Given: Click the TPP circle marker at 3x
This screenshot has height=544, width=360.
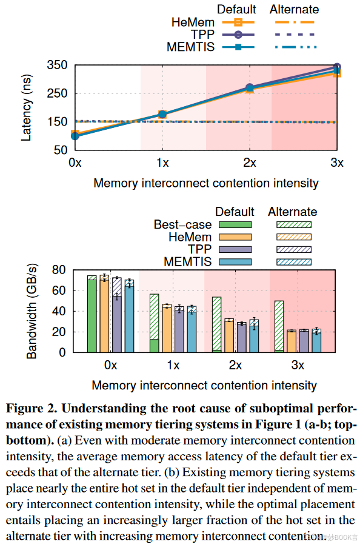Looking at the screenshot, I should [337, 67].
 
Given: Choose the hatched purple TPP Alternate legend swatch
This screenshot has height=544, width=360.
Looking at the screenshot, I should [293, 249].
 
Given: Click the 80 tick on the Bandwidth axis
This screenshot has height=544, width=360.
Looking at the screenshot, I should [59, 270].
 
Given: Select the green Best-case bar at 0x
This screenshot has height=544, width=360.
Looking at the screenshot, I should [92, 315].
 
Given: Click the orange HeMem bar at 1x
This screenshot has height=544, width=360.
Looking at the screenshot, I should [167, 329].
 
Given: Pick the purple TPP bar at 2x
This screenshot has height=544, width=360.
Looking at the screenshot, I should [242, 337].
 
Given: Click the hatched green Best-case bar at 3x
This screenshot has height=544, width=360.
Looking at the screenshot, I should [279, 324].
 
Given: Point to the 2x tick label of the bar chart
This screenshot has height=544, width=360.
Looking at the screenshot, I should [235, 366].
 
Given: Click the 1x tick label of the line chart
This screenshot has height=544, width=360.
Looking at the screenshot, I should [162, 163].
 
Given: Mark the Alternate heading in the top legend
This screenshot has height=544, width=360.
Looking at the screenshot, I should [294, 10].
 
